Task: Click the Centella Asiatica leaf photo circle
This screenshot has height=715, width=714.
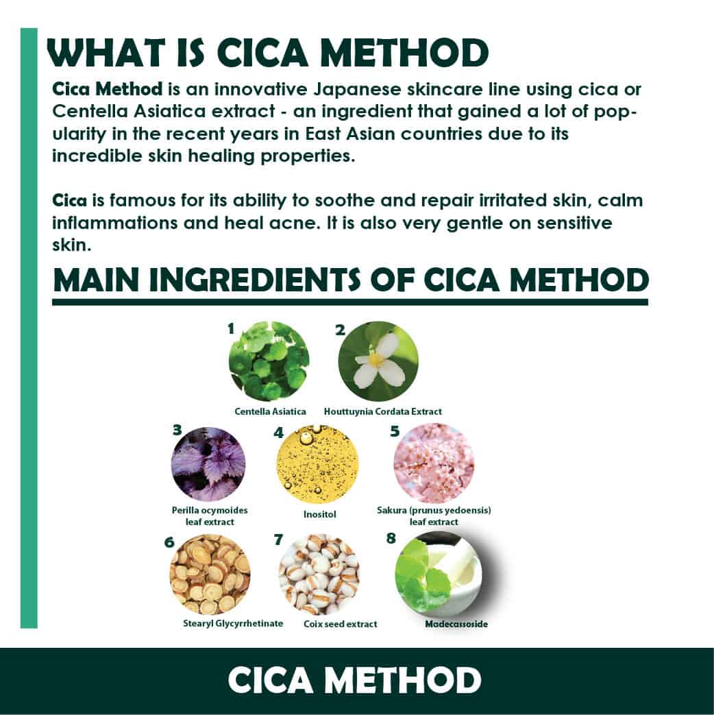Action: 269,361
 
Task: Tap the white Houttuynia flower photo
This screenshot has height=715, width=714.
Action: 378,361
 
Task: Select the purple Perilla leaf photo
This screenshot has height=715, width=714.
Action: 208,465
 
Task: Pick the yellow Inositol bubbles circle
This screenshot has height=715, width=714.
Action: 318,464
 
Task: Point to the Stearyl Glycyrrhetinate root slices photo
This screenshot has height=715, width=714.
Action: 210,574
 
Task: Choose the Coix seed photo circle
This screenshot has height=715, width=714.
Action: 319,574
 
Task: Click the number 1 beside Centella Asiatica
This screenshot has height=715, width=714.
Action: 231,328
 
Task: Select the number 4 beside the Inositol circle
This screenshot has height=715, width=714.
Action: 279,433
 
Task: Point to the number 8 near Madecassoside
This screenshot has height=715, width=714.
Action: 391,539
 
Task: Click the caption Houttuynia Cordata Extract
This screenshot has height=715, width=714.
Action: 383,411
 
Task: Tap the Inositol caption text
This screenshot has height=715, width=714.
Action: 319,514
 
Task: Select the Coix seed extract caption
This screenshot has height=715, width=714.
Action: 341,624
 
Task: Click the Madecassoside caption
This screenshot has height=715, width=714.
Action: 456,624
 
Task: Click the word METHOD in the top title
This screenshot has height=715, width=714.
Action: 404,53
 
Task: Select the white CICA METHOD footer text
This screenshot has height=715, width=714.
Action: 354,680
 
